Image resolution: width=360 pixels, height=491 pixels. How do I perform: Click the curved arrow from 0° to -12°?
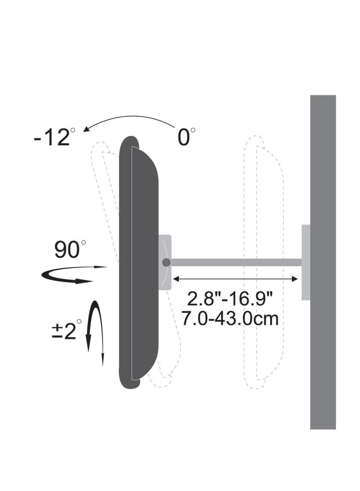pos(130,118)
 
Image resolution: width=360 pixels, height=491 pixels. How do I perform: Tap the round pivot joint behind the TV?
pos(166,262)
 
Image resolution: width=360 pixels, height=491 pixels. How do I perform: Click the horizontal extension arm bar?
pos(234,262)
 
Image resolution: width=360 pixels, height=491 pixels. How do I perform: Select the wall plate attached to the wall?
pos(306,262)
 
